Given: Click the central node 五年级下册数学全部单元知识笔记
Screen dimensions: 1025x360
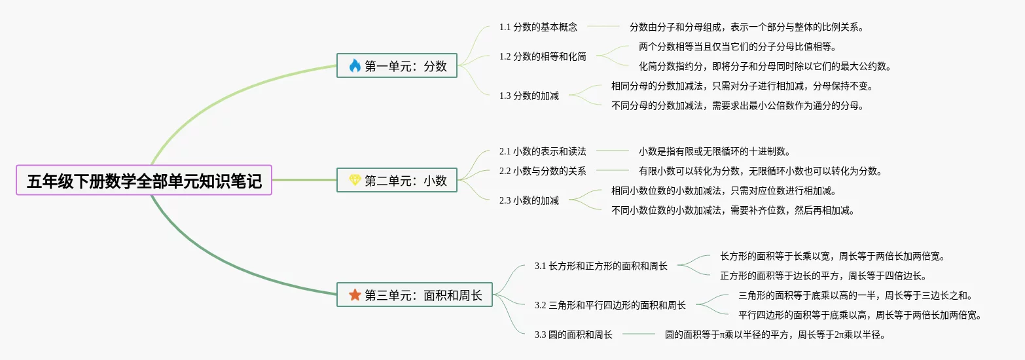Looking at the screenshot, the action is coord(144,180).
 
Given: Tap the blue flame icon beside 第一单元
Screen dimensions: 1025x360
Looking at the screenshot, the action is coord(355,65).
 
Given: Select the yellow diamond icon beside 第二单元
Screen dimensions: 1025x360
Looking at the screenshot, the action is coord(355,180).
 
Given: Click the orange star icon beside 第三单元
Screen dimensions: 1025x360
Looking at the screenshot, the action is coord(355,295).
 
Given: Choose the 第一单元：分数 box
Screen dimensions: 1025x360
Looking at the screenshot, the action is coord(397,65).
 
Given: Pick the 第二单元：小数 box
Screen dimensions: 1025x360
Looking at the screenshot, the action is coord(397,180).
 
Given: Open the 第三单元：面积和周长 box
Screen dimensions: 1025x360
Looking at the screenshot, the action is coord(414,295).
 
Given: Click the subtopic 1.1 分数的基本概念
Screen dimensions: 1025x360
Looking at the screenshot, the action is coord(538,27).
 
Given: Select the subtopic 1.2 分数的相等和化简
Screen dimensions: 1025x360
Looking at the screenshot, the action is coord(543,56).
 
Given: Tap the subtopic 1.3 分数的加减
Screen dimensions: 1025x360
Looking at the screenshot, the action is coord(529,96).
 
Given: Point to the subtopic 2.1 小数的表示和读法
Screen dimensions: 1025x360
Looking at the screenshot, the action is coord(543,151).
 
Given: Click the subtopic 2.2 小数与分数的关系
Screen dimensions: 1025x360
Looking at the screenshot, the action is coord(543,171).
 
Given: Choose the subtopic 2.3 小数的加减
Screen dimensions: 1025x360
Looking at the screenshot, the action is coord(529,201).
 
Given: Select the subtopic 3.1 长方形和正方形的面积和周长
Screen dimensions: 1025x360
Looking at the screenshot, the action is coord(601,266).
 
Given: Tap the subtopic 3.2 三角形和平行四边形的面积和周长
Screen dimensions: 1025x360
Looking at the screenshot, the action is coord(610,305).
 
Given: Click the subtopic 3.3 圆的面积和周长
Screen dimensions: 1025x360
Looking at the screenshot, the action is coord(573,334).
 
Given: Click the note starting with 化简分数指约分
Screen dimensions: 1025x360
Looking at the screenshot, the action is coord(764,66).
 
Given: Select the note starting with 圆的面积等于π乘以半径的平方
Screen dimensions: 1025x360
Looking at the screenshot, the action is coord(776,334).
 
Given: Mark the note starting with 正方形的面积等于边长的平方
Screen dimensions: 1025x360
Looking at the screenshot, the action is coord(823,276).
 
